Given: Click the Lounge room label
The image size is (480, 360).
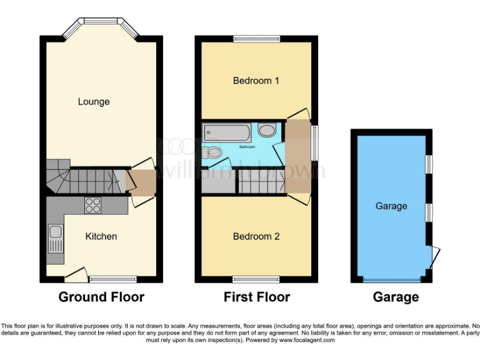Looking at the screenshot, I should (94, 101).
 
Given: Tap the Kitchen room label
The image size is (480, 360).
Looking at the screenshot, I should (101, 236).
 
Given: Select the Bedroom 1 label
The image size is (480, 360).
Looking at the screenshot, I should (256, 81).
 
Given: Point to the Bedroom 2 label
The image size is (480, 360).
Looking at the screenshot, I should (256, 236).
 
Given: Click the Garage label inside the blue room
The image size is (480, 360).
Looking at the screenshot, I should (391, 206).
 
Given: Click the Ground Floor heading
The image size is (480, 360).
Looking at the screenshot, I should (101, 297).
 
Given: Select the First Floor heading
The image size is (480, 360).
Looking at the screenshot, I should (257, 297).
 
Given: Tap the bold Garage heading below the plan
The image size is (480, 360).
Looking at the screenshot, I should (396, 297).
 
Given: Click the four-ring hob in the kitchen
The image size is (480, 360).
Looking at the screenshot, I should (93, 205).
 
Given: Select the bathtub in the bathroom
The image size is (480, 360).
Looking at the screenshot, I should (227, 132).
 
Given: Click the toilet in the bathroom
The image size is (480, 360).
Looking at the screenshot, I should (267, 131).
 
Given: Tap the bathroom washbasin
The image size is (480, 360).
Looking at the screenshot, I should (214, 152).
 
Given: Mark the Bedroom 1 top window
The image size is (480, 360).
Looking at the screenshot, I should (257, 39).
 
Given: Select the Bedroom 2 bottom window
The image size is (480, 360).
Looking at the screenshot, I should (257, 279).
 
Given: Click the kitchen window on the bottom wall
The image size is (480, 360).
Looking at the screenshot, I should (112, 279).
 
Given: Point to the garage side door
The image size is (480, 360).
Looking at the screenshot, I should (432, 257).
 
